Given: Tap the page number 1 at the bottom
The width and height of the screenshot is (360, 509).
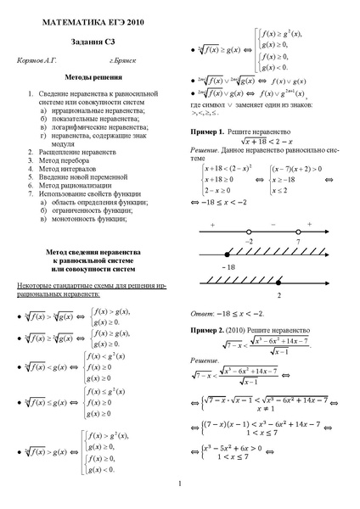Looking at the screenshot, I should click(x=180, y=484).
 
